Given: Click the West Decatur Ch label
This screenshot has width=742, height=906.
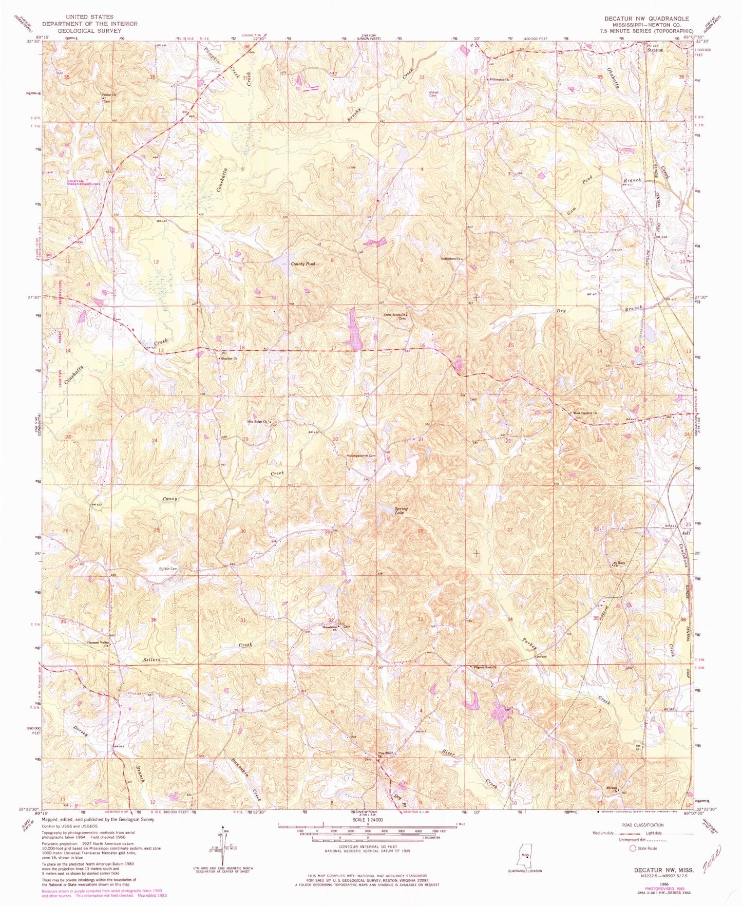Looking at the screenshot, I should tap(585, 413).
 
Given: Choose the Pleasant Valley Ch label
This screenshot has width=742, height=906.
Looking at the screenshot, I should tap(98, 644).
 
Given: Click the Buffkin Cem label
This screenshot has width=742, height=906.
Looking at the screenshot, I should tap(168, 569).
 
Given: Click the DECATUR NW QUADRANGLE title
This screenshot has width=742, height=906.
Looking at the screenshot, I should tap(646, 18).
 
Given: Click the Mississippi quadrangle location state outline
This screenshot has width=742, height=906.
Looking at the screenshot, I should tap(525, 855).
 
